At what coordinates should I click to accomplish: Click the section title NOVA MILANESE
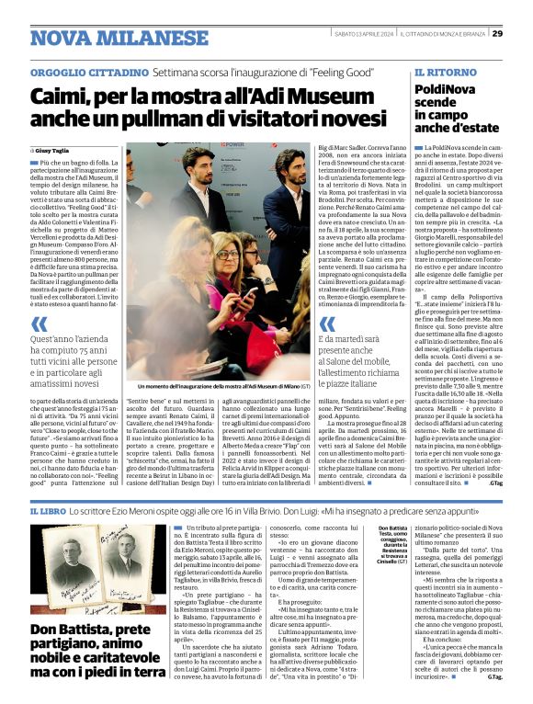108,38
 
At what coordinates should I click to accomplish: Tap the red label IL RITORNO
445,71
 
